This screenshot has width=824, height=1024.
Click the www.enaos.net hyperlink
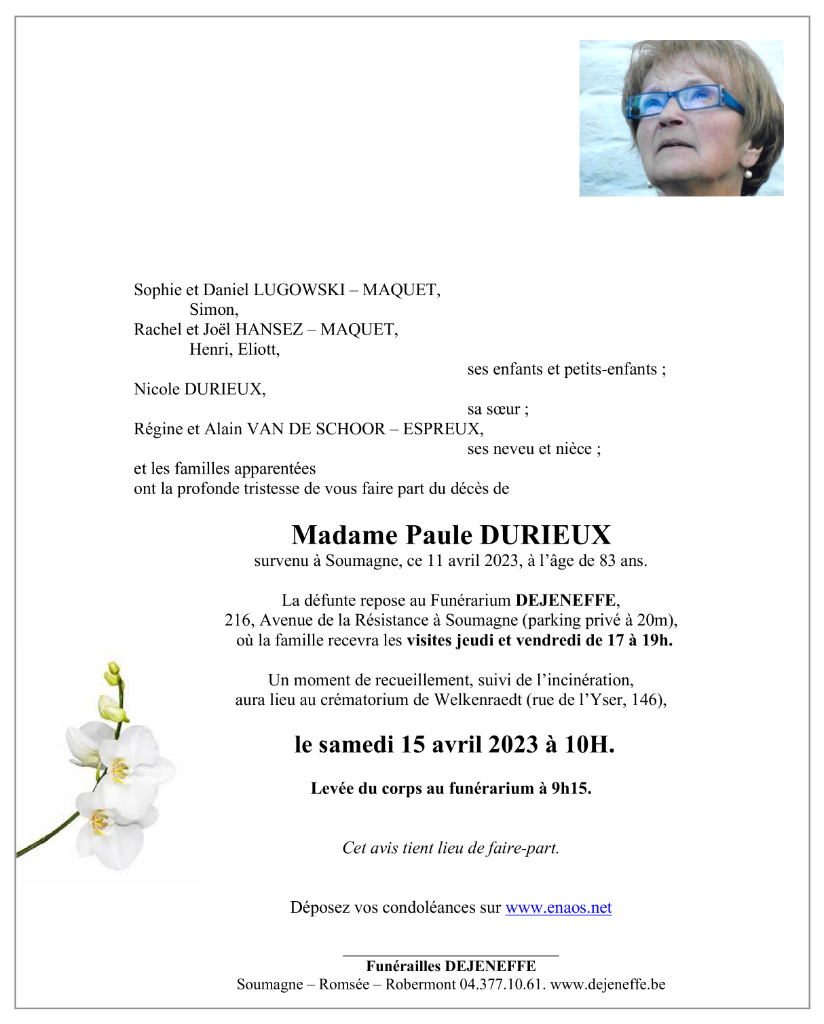point(558,908)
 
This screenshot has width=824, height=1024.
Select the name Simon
point(213,310)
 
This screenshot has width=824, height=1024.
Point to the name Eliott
point(258,350)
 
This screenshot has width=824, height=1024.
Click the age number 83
point(608,561)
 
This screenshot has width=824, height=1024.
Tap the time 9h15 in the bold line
point(570,789)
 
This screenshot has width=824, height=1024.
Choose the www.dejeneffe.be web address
point(607,985)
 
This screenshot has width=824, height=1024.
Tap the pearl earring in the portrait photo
point(749,174)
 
